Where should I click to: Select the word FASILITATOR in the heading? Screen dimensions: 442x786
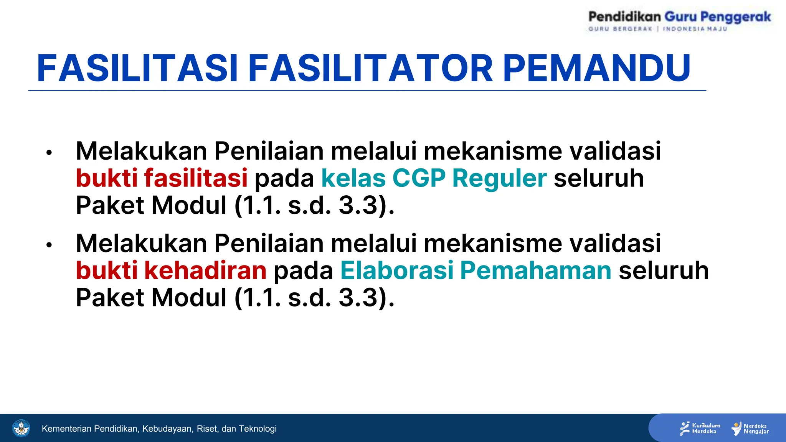(x=370, y=68)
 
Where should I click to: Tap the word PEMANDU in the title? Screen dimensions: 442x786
(x=597, y=68)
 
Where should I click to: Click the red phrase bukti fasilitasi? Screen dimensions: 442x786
(x=162, y=178)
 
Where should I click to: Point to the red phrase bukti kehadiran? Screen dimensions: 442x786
(x=171, y=270)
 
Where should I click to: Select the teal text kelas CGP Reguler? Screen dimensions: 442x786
(x=434, y=178)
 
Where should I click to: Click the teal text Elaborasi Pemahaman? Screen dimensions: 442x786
(x=476, y=270)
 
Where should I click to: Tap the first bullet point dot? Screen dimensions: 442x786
(x=49, y=153)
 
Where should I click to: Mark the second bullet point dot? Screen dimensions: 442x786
(x=49, y=245)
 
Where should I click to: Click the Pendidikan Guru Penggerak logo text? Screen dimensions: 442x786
(x=679, y=17)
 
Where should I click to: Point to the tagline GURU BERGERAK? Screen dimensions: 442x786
(x=620, y=29)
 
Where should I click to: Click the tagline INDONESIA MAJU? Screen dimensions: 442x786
(x=695, y=29)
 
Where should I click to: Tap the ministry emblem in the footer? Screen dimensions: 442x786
(x=21, y=428)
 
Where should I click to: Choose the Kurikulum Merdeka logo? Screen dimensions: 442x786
(x=700, y=429)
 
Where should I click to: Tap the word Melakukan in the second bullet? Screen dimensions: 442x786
(x=141, y=243)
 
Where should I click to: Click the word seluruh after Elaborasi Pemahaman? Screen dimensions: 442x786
(x=664, y=270)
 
